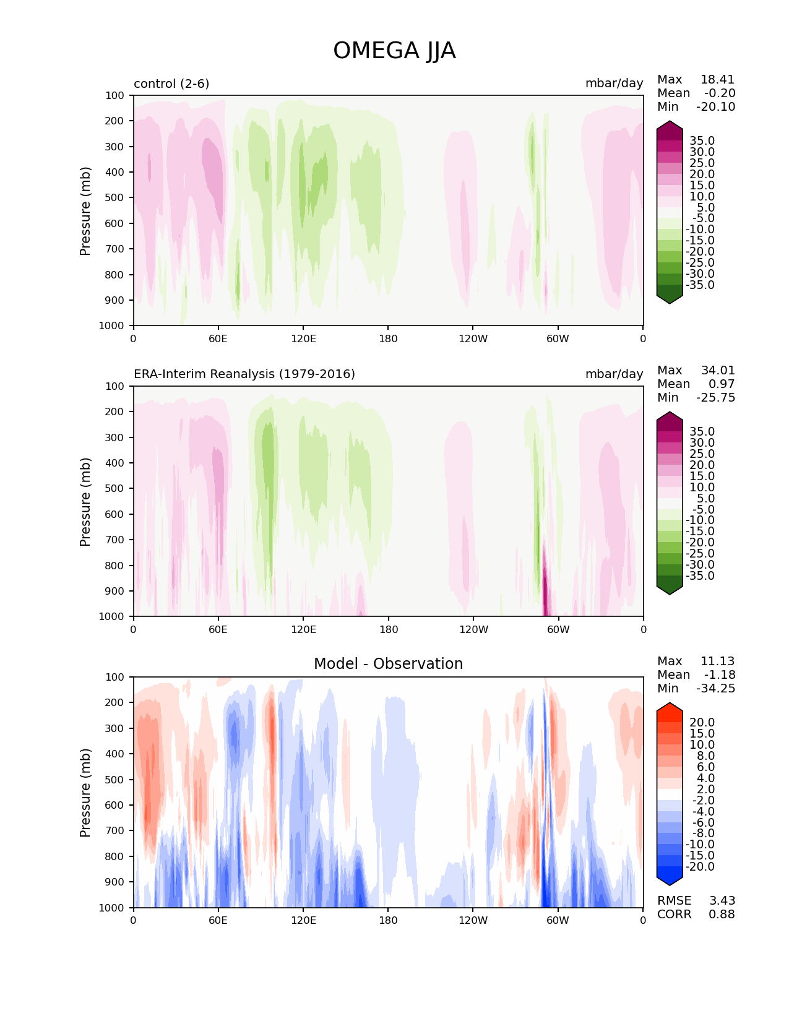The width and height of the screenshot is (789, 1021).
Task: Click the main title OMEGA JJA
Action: [394, 51]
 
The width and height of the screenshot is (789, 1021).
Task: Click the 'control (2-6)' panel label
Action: [171, 84]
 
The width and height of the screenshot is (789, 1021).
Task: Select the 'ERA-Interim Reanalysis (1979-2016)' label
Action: [244, 374]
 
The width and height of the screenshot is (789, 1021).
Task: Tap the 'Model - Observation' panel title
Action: [388, 664]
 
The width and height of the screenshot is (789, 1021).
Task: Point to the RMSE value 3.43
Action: [722, 901]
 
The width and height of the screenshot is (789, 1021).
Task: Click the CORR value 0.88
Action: [722, 915]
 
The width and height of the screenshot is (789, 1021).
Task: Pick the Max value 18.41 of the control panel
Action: [717, 80]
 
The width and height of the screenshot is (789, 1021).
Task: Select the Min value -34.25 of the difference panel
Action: [716, 689]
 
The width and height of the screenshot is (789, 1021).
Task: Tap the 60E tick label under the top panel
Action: [218, 339]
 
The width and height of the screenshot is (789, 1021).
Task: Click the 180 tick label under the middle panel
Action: [388, 630]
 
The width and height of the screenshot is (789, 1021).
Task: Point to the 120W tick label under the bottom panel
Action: [473, 921]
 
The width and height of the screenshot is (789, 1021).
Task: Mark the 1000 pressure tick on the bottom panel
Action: [111, 908]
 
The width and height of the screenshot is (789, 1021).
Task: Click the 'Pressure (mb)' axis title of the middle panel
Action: [85, 502]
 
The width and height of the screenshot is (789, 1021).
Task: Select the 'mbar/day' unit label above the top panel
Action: [614, 84]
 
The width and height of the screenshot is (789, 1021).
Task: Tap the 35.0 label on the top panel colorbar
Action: [702, 141]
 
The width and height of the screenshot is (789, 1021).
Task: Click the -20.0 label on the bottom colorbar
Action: [699, 867]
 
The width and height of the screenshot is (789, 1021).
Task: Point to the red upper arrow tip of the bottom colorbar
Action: [670, 706]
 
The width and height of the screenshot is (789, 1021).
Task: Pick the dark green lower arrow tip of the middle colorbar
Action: [670, 591]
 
